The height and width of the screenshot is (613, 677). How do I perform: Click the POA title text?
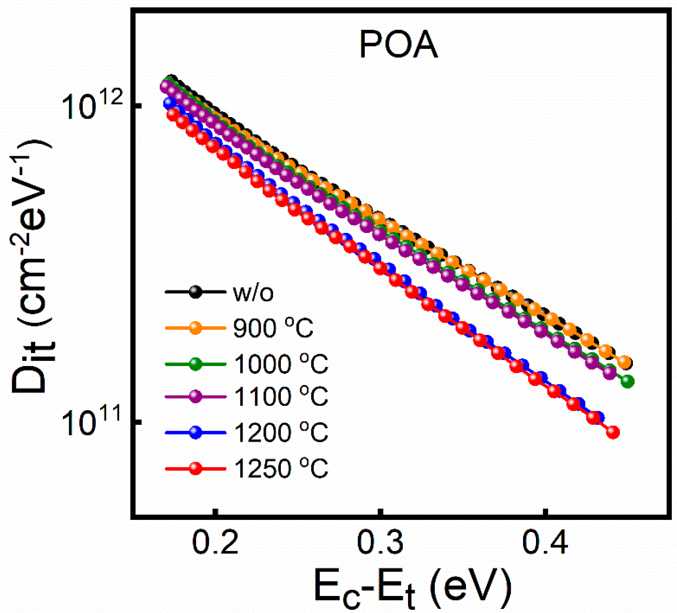pyautogui.click(x=398, y=46)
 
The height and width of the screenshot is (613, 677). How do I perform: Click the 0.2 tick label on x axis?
pyautogui.click(x=216, y=543)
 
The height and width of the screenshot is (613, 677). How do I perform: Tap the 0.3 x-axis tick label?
pyautogui.click(x=380, y=543)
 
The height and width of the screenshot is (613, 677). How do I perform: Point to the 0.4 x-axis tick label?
pyautogui.click(x=545, y=543)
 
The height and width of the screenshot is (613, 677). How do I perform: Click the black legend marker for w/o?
pyautogui.click(x=195, y=292)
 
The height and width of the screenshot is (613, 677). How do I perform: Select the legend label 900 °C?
pyautogui.click(x=273, y=328)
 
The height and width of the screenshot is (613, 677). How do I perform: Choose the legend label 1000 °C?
pyautogui.click(x=281, y=364)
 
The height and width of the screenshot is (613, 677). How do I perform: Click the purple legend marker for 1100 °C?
pyautogui.click(x=195, y=396)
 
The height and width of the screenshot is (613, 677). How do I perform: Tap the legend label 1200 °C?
pyautogui.click(x=281, y=432)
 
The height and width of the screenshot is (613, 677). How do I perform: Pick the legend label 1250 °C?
pyautogui.click(x=281, y=468)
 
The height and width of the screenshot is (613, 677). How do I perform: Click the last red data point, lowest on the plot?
pyautogui.click(x=613, y=432)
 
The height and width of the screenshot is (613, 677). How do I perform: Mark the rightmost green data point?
pyautogui.click(x=627, y=381)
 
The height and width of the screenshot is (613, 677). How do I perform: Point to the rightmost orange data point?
pyautogui.click(x=625, y=362)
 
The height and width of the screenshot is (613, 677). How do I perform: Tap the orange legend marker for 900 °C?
pyautogui.click(x=195, y=328)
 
